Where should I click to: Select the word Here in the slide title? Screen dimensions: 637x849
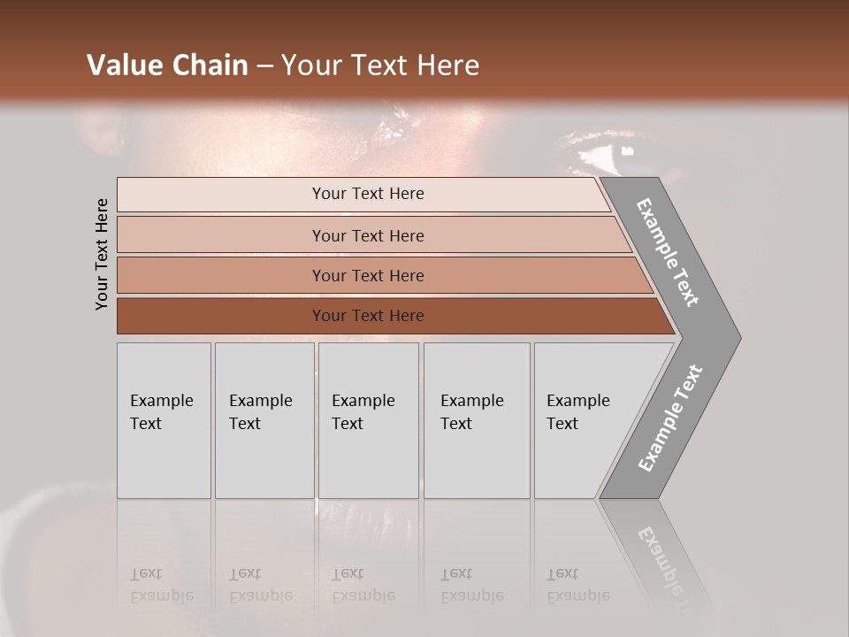pyautogui.click(x=450, y=65)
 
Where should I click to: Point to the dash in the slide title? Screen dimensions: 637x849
pyautogui.click(x=264, y=66)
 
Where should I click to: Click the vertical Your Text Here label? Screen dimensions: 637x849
pyautogui.click(x=102, y=255)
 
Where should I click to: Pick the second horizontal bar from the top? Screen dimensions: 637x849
pyautogui.click(x=367, y=235)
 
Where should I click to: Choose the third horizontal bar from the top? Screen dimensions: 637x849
pyautogui.click(x=367, y=275)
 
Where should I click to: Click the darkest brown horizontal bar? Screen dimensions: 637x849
pyautogui.click(x=367, y=316)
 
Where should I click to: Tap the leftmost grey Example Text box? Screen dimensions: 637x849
pyautogui.click(x=164, y=419)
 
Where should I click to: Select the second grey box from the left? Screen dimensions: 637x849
pyautogui.click(x=264, y=419)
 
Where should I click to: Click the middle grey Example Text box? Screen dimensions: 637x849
pyautogui.click(x=368, y=419)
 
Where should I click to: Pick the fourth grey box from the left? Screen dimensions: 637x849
pyautogui.click(x=477, y=419)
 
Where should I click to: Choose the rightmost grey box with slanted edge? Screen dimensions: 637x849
pyautogui.click(x=584, y=419)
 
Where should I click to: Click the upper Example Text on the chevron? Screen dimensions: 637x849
pyautogui.click(x=669, y=252)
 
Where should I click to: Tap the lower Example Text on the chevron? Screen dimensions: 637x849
pyautogui.click(x=670, y=418)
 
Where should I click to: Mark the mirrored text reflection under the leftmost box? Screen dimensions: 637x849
pyautogui.click(x=162, y=585)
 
